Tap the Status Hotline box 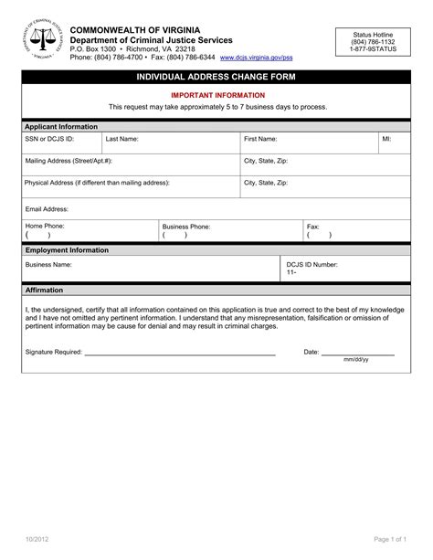(x=374, y=41)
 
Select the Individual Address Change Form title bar (x=216, y=78)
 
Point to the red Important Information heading (x=216, y=95)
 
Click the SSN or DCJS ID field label (x=49, y=139)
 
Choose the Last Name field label (x=121, y=139)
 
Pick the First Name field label (x=260, y=139)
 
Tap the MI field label (x=385, y=139)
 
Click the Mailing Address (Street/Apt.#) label (x=69, y=160)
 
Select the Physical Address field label (x=97, y=182)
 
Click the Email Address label (x=48, y=208)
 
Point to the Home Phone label (x=45, y=225)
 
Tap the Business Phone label (x=186, y=225)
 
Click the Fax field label (x=312, y=225)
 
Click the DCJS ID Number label (x=312, y=264)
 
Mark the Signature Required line (x=179, y=352)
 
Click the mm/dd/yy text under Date (x=356, y=360)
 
